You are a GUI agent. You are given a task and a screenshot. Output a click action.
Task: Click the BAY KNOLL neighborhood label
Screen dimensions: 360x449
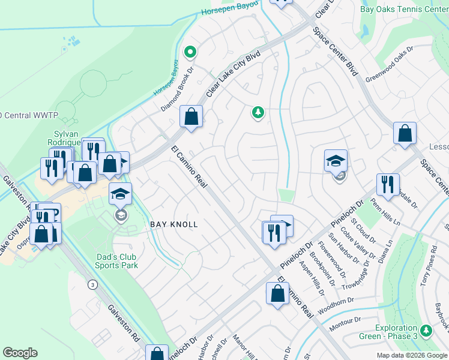(173, 224)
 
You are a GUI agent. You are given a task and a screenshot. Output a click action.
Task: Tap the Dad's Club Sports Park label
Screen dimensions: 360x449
(118, 261)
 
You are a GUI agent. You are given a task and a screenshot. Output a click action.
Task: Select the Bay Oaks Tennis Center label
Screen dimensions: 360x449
(403, 10)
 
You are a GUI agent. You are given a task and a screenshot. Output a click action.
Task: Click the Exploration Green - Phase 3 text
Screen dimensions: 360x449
(396, 332)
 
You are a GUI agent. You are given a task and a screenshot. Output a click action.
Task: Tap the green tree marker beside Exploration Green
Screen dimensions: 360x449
(426, 331)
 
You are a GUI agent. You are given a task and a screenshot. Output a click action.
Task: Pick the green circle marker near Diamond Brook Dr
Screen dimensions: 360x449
(190, 52)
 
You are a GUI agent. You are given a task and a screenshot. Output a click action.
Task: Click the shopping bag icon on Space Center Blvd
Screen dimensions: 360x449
(405, 133)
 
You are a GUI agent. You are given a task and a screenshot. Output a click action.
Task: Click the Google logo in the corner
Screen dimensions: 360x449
(20, 353)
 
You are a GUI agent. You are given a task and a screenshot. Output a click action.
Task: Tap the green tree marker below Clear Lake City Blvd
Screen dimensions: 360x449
(258, 112)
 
